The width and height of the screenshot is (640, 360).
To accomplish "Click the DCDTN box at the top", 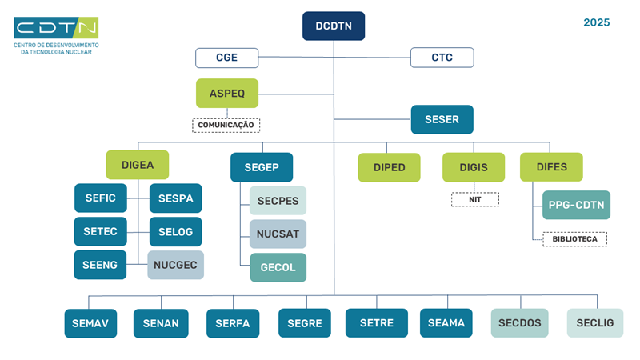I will (x=334, y=26).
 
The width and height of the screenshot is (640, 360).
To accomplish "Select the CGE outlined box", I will (x=227, y=58).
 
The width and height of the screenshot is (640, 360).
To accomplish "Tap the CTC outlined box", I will (x=442, y=58).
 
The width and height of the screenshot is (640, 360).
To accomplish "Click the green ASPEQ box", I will (x=227, y=93).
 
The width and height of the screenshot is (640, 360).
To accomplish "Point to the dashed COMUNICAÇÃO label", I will (x=226, y=125).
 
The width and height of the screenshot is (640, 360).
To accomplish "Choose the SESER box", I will (x=442, y=120).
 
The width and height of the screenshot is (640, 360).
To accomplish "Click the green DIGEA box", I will (x=137, y=165).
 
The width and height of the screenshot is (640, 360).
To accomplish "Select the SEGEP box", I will (x=262, y=167).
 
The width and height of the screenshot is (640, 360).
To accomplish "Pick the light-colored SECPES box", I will (x=278, y=200).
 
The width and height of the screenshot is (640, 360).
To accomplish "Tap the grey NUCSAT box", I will (x=278, y=234).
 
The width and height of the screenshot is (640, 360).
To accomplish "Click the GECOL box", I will (x=278, y=267).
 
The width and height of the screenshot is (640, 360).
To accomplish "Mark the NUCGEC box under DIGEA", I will (x=176, y=265).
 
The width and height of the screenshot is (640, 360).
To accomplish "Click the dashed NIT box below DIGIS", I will (x=474, y=199).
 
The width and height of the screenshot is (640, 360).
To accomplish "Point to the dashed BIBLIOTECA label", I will (x=574, y=238).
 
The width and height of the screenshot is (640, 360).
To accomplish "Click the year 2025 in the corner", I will (x=596, y=22).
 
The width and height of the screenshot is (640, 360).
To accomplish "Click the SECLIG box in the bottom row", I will (x=594, y=323).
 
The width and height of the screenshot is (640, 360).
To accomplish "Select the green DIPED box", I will (x=389, y=167).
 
